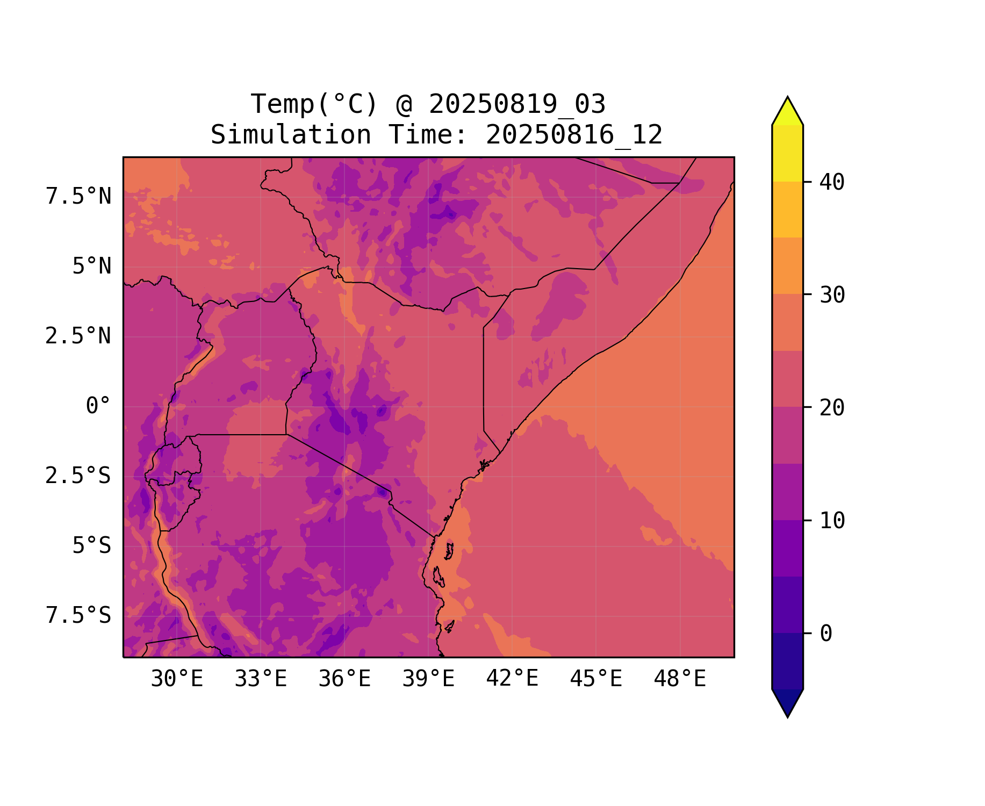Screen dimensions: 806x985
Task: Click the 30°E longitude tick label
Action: (177, 679)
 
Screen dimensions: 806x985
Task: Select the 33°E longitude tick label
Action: (261, 679)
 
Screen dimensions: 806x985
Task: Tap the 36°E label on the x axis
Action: (344, 679)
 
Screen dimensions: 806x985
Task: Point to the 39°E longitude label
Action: (428, 679)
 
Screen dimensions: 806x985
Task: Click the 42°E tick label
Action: (512, 679)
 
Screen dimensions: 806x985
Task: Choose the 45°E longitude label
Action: (596, 679)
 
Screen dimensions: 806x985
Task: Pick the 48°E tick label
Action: (680, 679)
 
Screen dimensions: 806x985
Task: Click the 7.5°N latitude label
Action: (78, 197)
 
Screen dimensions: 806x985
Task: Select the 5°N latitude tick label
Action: (92, 267)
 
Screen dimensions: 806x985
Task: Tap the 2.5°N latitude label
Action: (78, 336)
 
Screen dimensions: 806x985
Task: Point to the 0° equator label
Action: (98, 406)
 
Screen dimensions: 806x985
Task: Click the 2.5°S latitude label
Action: (78, 476)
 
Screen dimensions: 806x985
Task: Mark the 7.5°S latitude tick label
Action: (78, 616)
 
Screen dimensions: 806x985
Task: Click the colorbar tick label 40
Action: (832, 182)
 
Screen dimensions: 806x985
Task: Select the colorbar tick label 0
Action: (826, 634)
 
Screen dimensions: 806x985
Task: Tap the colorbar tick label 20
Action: (832, 408)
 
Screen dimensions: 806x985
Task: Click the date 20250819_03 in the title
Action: (517, 104)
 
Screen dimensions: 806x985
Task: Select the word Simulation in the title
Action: (291, 135)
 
